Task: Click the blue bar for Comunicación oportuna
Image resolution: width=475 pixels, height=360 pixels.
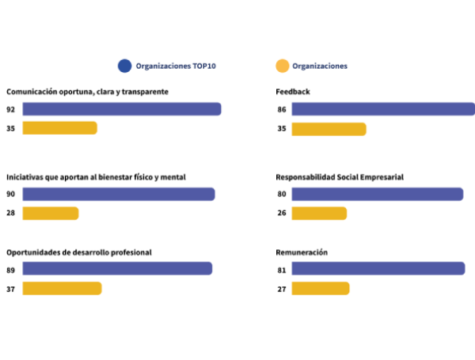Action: click(x=121, y=109)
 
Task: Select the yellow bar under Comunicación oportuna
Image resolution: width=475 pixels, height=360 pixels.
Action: click(x=59, y=128)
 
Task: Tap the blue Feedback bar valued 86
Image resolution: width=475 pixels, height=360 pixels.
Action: click(x=382, y=109)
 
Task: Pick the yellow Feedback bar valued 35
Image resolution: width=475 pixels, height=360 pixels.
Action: click(x=329, y=129)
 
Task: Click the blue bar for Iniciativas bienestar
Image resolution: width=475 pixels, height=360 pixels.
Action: click(x=118, y=195)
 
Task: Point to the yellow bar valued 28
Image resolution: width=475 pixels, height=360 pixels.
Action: click(x=50, y=214)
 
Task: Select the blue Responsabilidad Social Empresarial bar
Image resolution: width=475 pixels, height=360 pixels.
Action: click(x=377, y=195)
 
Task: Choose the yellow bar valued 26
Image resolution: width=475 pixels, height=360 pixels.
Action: click(x=319, y=214)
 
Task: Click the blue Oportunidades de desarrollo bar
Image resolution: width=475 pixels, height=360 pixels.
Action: click(x=117, y=269)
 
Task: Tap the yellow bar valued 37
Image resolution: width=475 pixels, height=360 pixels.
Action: click(x=62, y=289)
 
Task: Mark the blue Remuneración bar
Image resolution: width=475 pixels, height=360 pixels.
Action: click(x=378, y=269)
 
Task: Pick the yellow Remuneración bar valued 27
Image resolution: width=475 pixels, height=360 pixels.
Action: click(x=320, y=289)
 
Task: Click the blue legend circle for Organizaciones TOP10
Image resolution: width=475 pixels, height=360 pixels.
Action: click(x=123, y=66)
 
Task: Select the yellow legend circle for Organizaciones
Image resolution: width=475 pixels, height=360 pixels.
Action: click(x=281, y=66)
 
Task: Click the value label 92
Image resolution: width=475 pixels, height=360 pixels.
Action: click(x=11, y=109)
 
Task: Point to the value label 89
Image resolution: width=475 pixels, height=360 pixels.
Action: click(x=11, y=269)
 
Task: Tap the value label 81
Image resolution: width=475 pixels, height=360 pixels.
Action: click(x=282, y=269)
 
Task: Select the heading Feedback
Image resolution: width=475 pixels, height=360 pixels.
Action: click(x=292, y=92)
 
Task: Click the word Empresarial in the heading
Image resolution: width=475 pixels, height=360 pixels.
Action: click(x=382, y=177)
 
